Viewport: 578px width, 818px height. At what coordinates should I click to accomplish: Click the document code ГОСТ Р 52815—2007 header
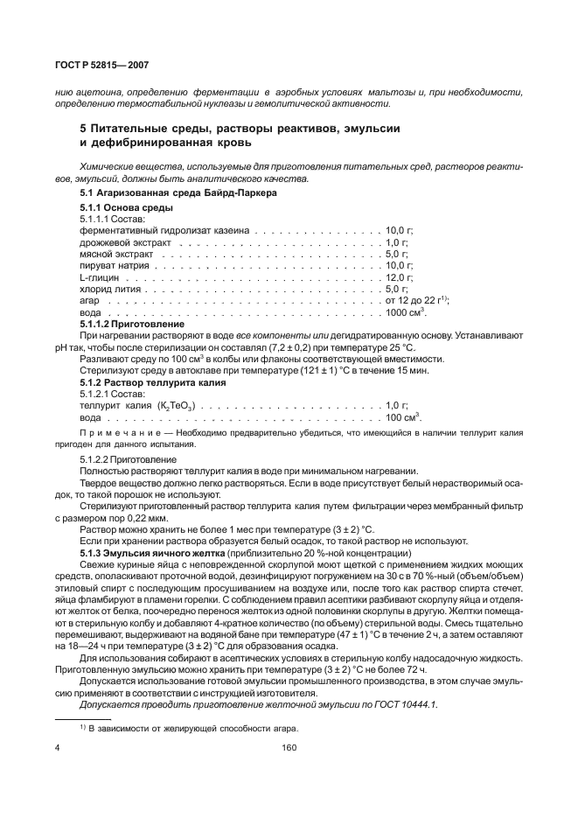pyautogui.click(x=88, y=66)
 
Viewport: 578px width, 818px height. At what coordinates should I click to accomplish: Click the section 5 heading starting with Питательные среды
pyautogui.click(x=240, y=129)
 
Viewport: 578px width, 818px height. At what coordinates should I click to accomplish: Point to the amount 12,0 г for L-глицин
pyautogui.click(x=398, y=276)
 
